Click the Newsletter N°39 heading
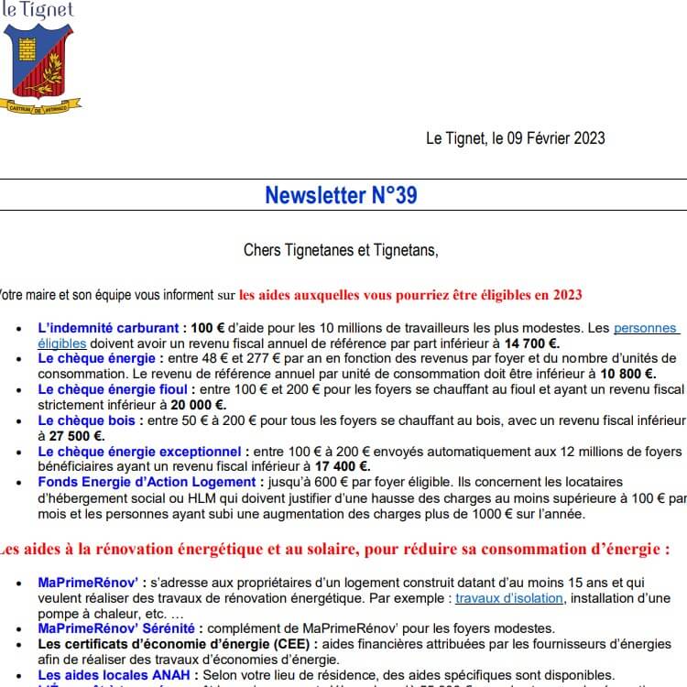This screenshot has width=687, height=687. pos(342,195)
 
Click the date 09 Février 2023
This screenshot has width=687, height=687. pos(549,138)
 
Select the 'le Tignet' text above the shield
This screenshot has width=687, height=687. pos(38,11)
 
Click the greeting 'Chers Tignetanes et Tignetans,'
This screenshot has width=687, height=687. pos(341,249)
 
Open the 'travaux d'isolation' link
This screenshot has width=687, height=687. pos(509,598)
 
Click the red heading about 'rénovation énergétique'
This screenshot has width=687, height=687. pos(334,550)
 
